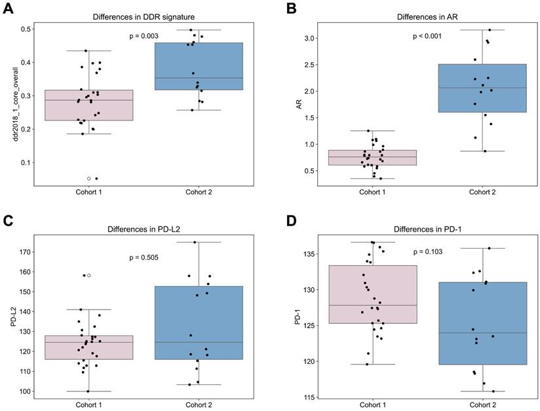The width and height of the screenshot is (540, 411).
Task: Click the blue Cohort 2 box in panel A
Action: point(199,65)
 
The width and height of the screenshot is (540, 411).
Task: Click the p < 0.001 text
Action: point(427,37)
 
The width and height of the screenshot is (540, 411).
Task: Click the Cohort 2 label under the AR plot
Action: point(482,192)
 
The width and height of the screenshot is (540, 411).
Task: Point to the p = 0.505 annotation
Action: point(144,258)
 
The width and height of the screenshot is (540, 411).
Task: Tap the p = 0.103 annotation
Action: point(428,252)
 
